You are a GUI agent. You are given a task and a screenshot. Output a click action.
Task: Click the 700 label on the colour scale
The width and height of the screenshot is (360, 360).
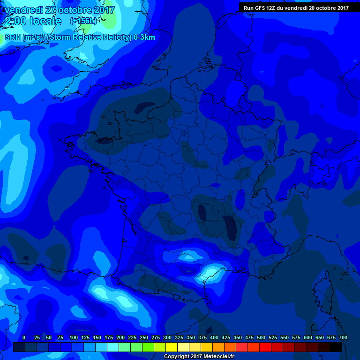pyautogui.click(x=343, y=337)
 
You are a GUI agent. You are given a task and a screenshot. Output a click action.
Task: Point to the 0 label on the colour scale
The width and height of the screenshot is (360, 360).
pyautogui.click(x=24, y=337)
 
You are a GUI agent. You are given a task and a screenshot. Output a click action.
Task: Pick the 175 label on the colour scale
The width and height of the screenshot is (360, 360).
pyautogui.click(x=109, y=337)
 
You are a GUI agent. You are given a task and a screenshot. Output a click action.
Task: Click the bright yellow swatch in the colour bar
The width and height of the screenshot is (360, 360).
pyautogui.click(x=172, y=347)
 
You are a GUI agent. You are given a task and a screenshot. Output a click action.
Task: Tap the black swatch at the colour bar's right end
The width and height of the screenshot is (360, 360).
pyautogui.click(x=336, y=347)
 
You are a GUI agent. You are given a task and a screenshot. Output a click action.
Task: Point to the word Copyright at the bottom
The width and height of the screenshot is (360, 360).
pyautogui.click(x=177, y=357)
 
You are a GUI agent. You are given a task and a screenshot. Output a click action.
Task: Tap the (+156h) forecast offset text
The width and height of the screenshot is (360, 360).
pyautogui.click(x=84, y=21)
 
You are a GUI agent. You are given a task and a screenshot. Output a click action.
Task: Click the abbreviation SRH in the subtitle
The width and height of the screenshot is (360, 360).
pyautogui.click(x=13, y=37)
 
